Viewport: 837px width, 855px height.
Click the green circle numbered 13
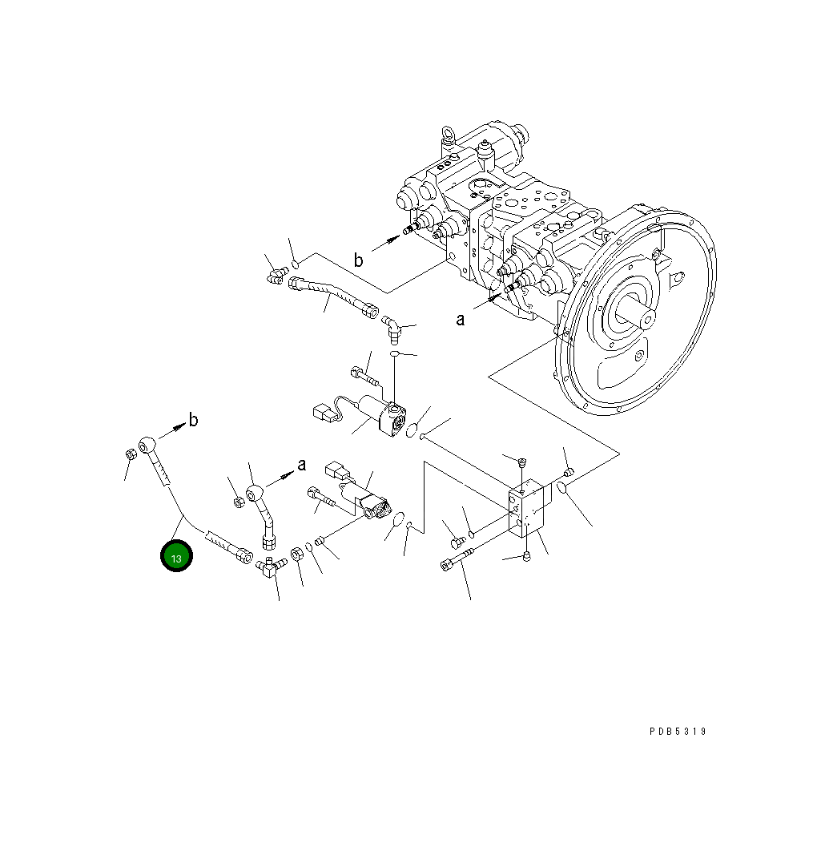(176, 557)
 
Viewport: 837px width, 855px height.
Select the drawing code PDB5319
(678, 732)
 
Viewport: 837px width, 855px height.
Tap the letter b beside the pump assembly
(359, 260)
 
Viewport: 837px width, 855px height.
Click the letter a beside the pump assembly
(461, 320)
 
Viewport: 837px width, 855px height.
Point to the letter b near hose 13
(193, 419)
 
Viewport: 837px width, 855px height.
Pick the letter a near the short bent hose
(302, 465)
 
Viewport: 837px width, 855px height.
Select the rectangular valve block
(528, 508)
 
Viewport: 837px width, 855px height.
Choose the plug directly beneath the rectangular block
(526, 557)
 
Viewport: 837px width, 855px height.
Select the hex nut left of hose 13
(130, 454)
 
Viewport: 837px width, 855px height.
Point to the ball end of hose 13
(148, 444)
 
